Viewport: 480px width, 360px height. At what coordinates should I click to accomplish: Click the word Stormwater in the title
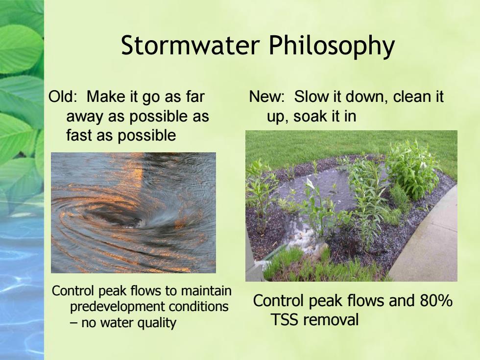[x=191, y=45]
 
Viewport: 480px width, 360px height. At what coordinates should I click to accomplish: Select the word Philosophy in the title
[x=332, y=47]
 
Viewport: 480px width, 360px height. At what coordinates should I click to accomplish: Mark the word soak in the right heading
[x=307, y=116]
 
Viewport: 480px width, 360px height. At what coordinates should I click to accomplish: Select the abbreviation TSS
[x=285, y=319]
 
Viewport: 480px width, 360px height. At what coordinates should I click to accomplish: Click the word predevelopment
[x=116, y=307]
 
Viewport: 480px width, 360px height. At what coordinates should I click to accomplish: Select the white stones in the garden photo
[x=302, y=237]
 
